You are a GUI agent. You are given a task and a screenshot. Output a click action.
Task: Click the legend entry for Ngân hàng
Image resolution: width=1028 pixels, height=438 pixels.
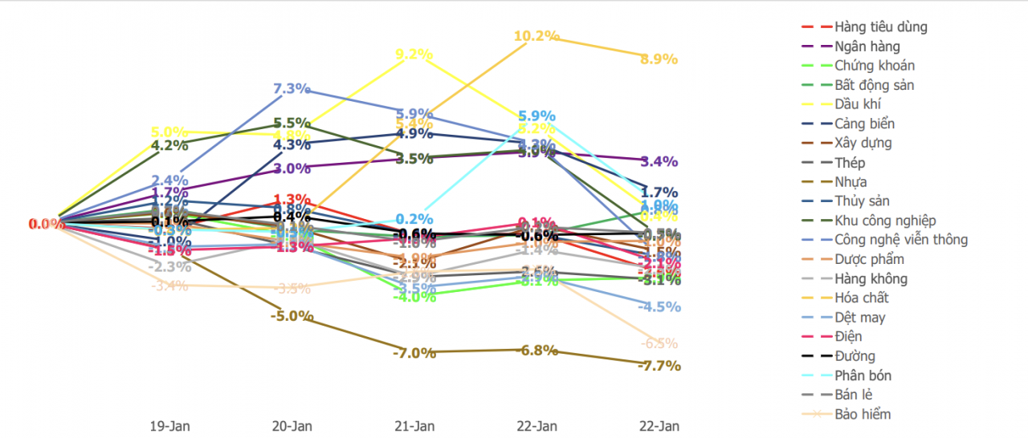[867, 47]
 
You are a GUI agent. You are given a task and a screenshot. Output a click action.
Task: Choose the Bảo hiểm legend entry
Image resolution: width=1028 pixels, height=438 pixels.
[862, 414]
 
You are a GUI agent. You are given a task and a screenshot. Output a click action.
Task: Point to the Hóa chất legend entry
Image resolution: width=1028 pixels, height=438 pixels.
[861, 298]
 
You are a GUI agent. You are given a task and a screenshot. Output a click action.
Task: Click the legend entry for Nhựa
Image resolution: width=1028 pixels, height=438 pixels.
[851, 182]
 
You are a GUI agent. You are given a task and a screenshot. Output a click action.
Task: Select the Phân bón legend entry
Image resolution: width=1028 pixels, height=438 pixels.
[863, 375]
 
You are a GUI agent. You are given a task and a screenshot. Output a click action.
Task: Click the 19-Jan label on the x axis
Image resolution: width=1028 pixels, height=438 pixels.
[170, 425]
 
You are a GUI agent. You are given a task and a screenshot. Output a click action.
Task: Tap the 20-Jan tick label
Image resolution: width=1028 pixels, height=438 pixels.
[292, 425]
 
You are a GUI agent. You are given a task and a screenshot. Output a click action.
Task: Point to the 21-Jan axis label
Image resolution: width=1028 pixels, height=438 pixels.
[414, 425]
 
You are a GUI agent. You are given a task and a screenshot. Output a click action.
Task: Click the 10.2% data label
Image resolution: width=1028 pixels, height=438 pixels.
[536, 36]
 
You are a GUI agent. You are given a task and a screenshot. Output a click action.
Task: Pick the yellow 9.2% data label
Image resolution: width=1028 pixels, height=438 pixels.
[414, 55]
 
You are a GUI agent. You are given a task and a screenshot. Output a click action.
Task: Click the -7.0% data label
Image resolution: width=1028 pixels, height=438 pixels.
[414, 352]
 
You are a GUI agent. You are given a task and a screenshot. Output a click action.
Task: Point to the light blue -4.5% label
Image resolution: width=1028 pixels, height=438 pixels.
[660, 306]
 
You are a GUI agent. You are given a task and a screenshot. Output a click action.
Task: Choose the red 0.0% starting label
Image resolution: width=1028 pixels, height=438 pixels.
[47, 224]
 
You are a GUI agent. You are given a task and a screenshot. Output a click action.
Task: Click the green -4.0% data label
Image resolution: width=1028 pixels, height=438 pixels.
[414, 297]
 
